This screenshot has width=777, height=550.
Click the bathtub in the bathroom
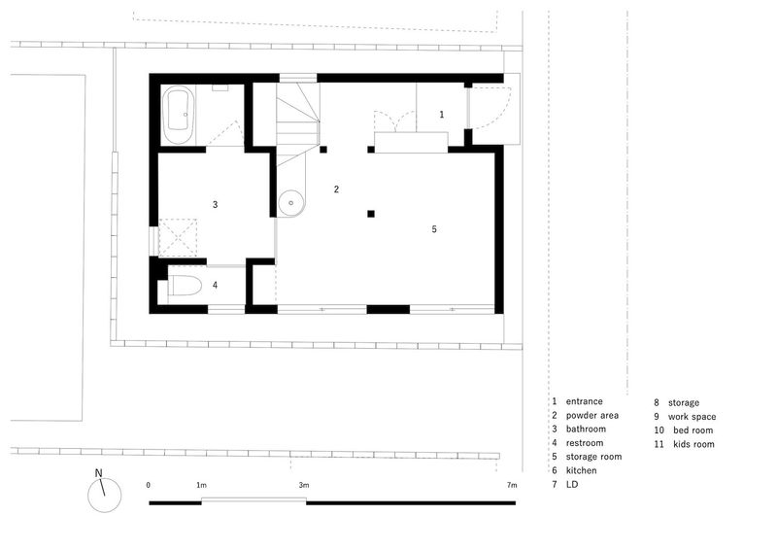coord(178,115)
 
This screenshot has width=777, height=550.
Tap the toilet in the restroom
coord(185,286)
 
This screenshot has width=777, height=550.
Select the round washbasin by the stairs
coord(291,203)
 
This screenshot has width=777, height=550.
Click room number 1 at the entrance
coord(442,115)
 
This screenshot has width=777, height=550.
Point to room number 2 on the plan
coord(336,189)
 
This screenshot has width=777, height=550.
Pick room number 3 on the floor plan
coord(215,204)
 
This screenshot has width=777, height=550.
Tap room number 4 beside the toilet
coord(215,285)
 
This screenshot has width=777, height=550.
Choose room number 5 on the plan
coord(434,229)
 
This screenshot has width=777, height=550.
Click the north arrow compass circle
coord(105,496)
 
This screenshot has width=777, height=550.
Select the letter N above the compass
coord(99,473)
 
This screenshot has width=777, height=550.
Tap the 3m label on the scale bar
coord(304,485)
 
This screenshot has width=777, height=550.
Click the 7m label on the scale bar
coord(512,485)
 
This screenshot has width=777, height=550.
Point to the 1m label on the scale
coord(201,485)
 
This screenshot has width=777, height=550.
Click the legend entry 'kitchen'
coord(581,470)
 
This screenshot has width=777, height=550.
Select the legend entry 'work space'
coord(692,417)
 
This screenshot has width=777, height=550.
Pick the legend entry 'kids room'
coord(693,444)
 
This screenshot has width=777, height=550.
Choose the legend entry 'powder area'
coord(592,416)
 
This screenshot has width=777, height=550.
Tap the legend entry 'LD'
coord(572,484)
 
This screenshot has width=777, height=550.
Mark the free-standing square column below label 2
coord(371,214)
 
